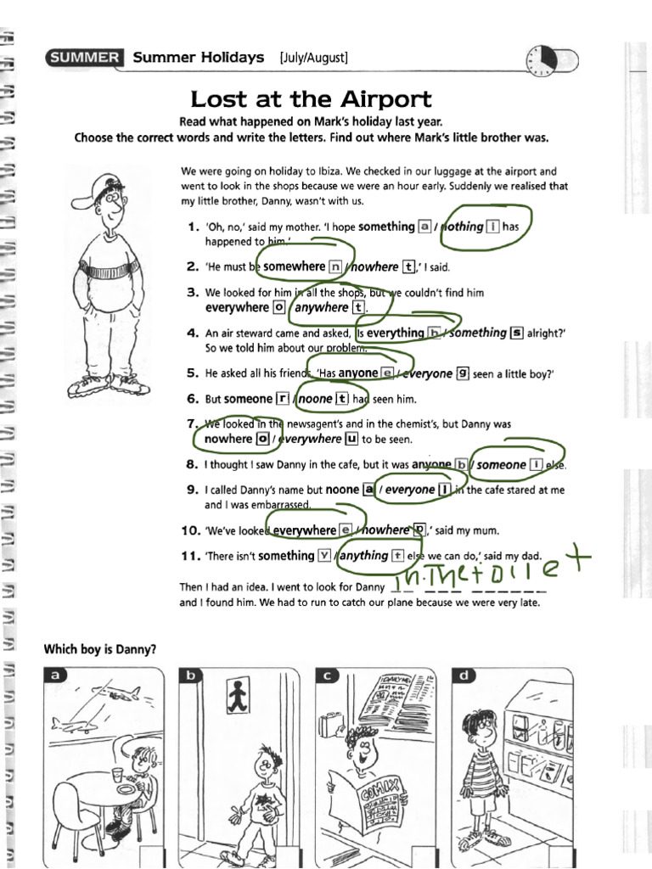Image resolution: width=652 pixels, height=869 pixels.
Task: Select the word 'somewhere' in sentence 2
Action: pos(295,266)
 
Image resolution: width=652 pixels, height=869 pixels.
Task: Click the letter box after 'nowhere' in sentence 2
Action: pos(409,266)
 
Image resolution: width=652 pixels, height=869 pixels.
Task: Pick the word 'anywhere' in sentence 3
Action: pos(322,307)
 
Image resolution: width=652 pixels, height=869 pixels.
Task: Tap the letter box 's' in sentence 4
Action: pos(516,333)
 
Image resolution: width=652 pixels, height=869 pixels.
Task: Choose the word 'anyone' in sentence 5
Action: pos(357,373)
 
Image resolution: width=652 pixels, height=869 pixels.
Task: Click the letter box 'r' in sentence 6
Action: pos(281,398)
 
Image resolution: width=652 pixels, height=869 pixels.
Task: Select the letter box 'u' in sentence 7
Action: pos(351,439)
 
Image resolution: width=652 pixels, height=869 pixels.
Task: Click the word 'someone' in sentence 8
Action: pos(501,464)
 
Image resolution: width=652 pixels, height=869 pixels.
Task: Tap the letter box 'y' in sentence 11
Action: pos(323,556)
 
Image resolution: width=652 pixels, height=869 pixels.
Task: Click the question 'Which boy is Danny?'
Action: pos(99,650)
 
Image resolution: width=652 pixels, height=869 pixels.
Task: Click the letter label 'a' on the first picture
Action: pos(57,676)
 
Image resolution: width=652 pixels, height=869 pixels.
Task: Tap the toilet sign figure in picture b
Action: pos(237,696)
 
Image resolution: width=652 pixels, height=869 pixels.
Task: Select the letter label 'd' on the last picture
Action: pos(464,676)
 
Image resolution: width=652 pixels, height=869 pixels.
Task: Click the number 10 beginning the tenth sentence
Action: pos(190,530)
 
